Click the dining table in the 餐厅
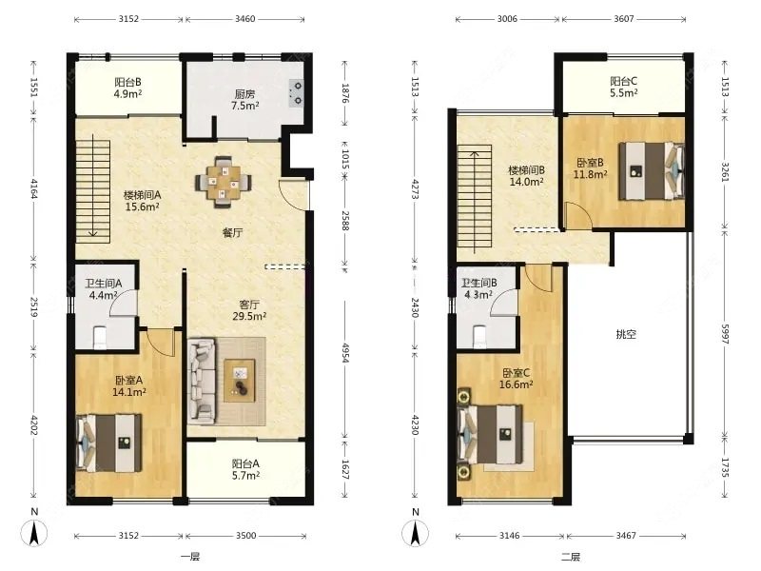(224, 182)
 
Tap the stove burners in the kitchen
(297, 93)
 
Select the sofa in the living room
(202, 380)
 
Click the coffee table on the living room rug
(240, 381)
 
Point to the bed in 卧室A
(109, 443)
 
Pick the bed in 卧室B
(652, 170)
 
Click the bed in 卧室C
(490, 434)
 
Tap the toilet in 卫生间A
(100, 337)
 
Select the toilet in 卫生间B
(479, 336)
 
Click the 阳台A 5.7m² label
(245, 469)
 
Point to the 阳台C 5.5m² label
(624, 87)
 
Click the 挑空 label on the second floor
(626, 334)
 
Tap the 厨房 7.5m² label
(245, 100)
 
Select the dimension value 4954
(345, 352)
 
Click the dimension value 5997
(725, 334)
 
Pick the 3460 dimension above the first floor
(245, 19)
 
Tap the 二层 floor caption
(571, 557)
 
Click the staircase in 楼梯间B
(475, 196)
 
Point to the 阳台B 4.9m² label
(127, 88)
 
